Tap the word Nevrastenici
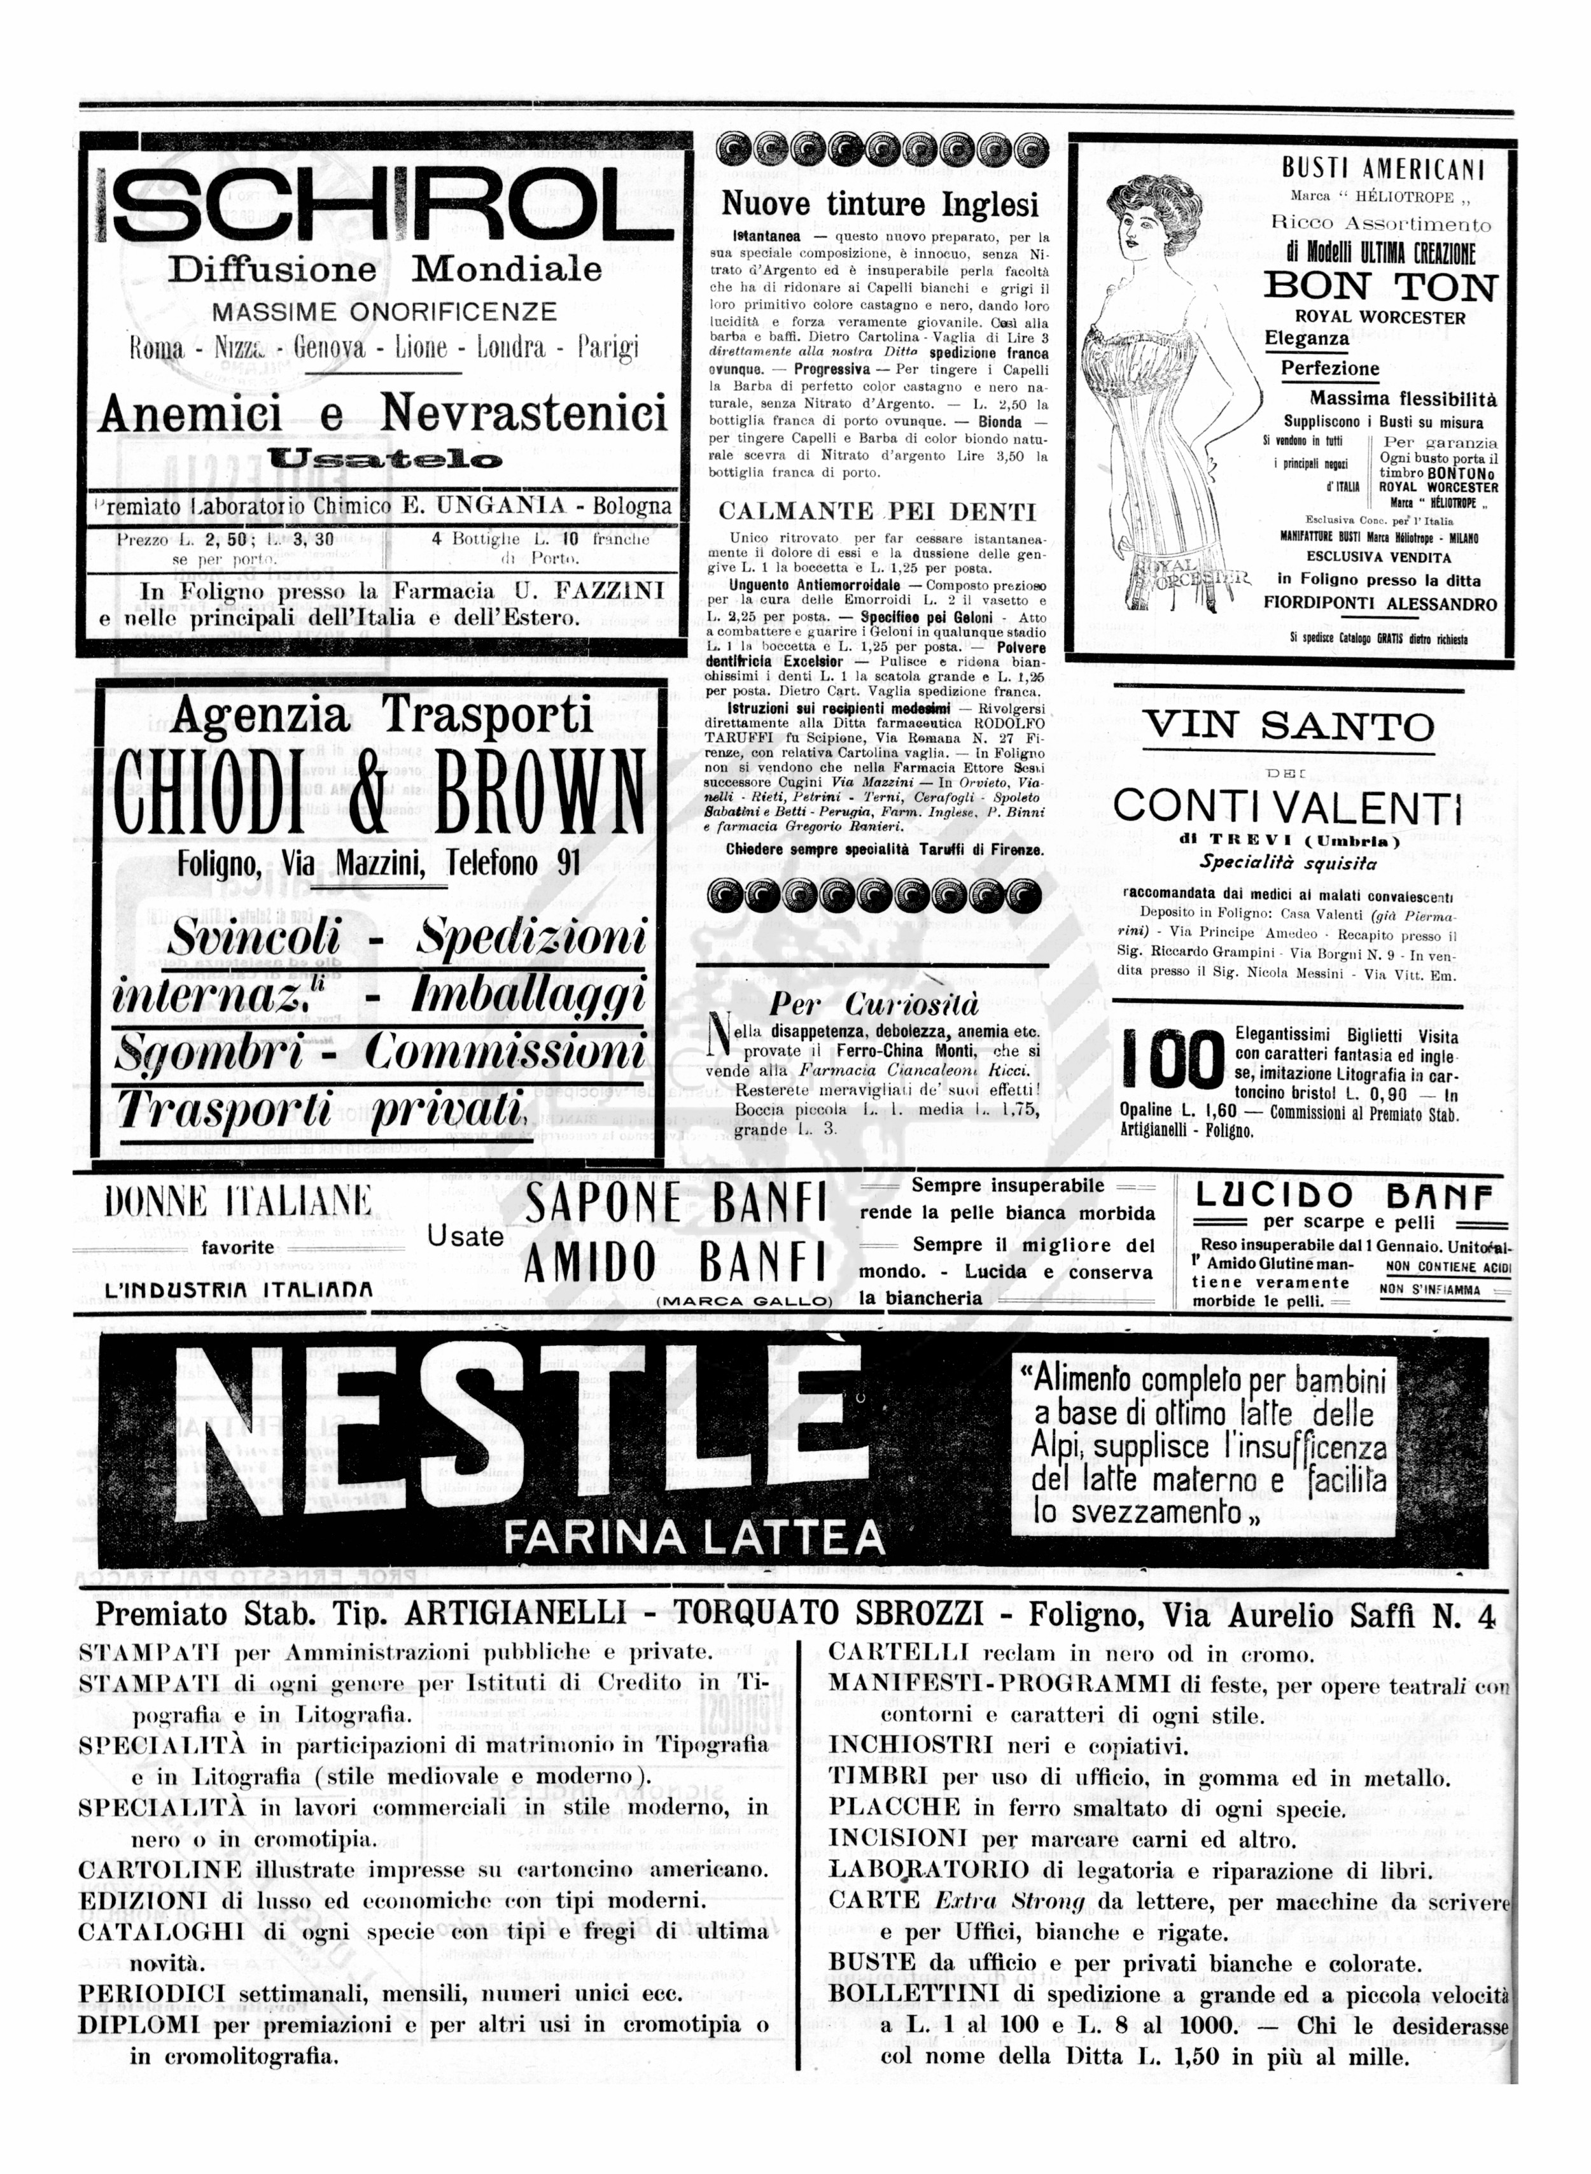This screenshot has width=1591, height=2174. click(524, 414)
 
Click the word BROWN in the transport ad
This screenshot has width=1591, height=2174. click(540, 792)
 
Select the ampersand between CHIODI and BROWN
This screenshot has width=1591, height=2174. click(368, 792)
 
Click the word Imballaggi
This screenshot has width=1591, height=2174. click(528, 995)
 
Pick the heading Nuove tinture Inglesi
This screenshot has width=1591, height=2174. click(880, 204)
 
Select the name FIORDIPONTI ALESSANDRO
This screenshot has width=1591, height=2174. click(1380, 604)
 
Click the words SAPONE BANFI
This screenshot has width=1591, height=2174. click(675, 1204)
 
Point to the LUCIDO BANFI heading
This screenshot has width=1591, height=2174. click(1343, 1196)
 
